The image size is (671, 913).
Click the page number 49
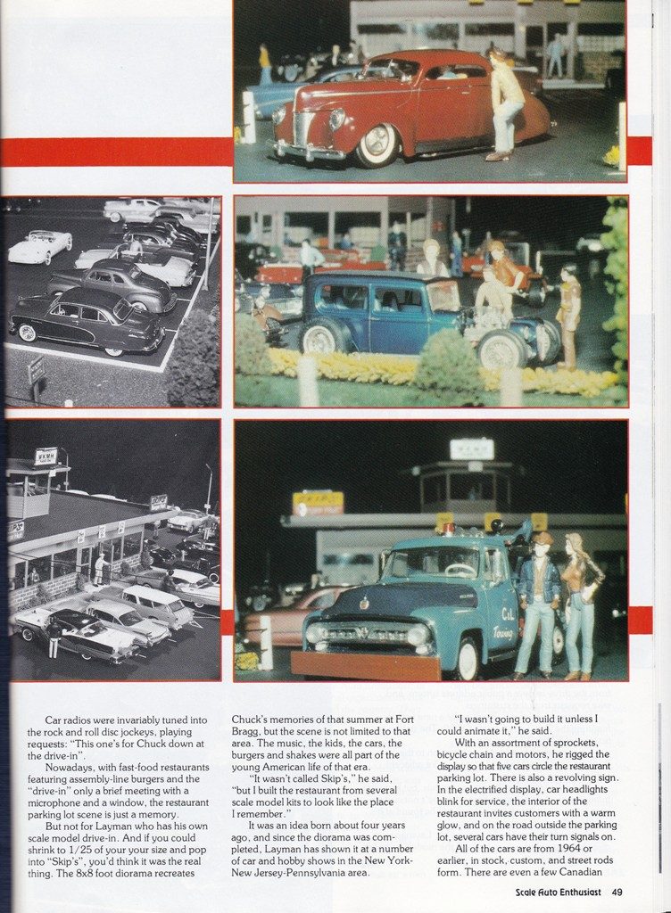tap(617, 892)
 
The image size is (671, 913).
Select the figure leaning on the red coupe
tap(504, 103)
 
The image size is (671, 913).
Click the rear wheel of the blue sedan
tap(319, 339)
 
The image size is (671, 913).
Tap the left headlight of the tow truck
tap(317, 634)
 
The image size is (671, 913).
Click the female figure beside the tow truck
tap(583, 604)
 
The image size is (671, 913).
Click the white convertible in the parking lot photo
tap(39, 245)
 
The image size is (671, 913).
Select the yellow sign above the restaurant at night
tap(318, 503)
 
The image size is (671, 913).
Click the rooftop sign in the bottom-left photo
tap(45, 456)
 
